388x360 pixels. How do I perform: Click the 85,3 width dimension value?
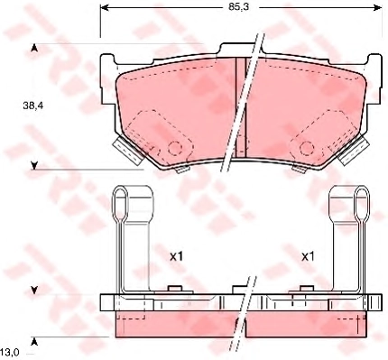pyautogui.click(x=238, y=7)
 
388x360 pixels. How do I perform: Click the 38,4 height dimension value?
pyautogui.click(x=33, y=106)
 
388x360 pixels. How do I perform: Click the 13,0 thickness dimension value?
pyautogui.click(x=10, y=351)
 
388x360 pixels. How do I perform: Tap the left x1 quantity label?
pyautogui.click(x=177, y=256)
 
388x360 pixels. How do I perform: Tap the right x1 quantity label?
pyautogui.click(x=308, y=256)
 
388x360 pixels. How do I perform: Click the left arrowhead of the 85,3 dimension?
pyautogui.click(x=104, y=7)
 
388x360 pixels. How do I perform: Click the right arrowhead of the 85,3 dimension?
pyautogui.click(x=378, y=7)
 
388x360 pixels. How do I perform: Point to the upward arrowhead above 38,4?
pyautogui.click(x=34, y=48)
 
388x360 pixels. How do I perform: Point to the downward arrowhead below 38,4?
pyautogui.click(x=34, y=165)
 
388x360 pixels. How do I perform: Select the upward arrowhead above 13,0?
pyautogui.click(x=34, y=341)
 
